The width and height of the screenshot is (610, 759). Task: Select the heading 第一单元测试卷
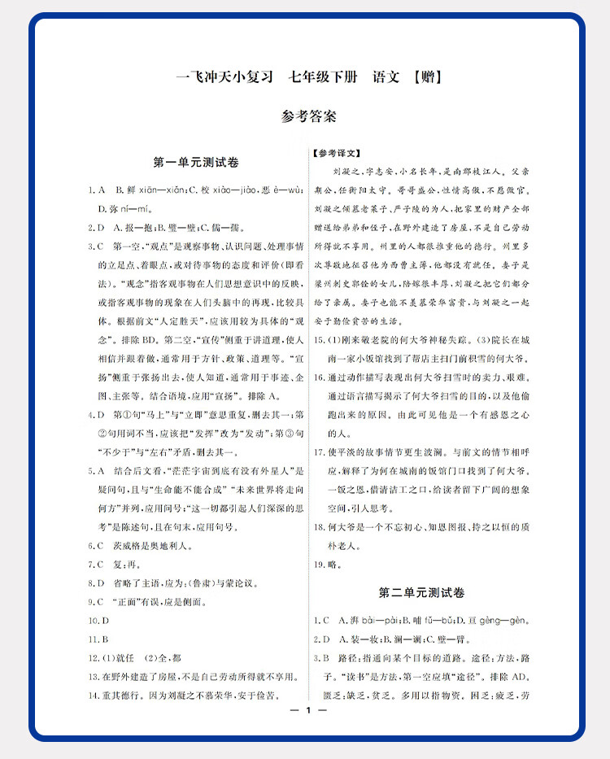coord(195,162)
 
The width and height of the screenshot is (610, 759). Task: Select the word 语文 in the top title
coord(386,79)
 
